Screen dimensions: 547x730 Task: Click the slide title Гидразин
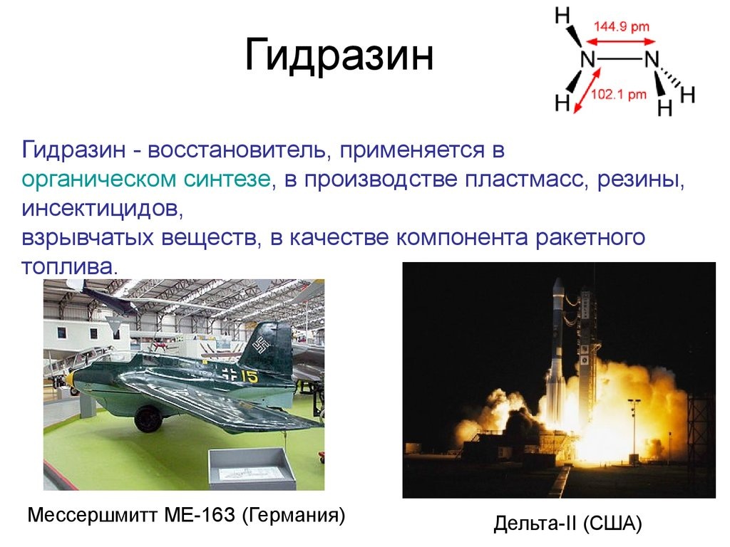tap(339, 57)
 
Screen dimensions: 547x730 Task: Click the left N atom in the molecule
tap(587, 60)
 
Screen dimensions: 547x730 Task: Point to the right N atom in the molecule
tap(652, 60)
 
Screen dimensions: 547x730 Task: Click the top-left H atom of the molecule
tap(562, 15)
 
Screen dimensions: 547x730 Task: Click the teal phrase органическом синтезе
tap(145, 179)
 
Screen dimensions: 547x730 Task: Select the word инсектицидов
tap(98, 209)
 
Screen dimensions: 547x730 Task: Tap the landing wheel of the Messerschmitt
tap(148, 417)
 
